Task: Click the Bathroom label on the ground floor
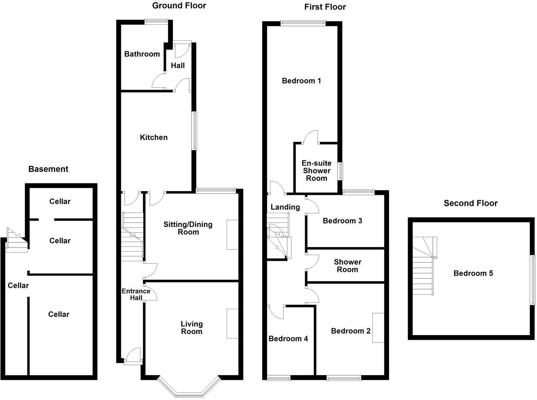click(x=142, y=54)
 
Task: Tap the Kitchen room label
click(x=154, y=138)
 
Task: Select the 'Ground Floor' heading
click(x=179, y=5)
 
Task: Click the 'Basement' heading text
click(x=48, y=169)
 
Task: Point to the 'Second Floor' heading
click(x=470, y=203)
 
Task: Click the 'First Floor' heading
click(x=325, y=7)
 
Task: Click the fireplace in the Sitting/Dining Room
click(x=232, y=235)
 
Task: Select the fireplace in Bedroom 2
click(x=378, y=328)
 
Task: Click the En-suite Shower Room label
click(x=317, y=170)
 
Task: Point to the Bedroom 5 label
click(x=473, y=273)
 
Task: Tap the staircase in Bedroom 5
click(x=424, y=267)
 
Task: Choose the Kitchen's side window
click(x=195, y=130)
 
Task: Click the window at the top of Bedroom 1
click(x=303, y=23)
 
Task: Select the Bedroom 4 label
click(x=288, y=339)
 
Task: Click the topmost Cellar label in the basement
click(x=60, y=201)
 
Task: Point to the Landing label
click(x=285, y=207)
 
